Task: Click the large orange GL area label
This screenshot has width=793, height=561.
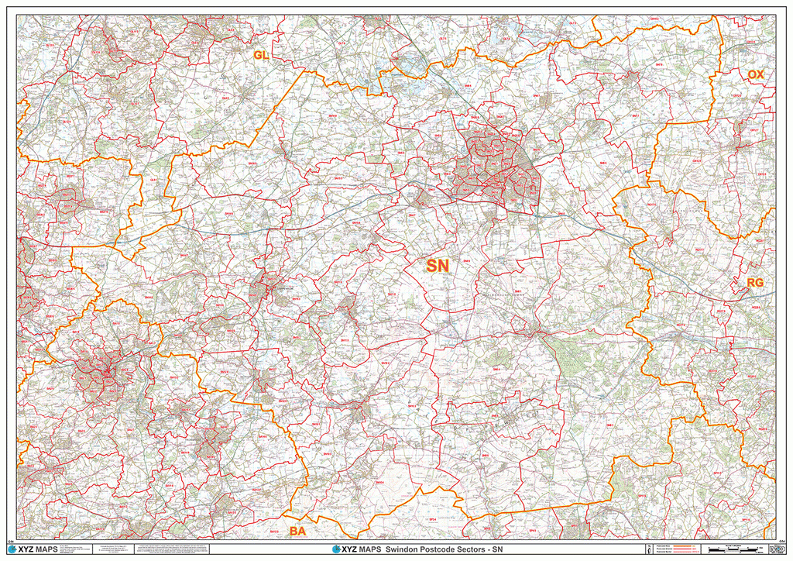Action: [x=261, y=54]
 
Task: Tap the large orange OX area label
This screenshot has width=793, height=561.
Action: [x=756, y=74]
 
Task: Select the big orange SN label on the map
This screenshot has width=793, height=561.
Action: [x=438, y=266]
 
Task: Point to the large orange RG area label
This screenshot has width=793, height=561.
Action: [x=756, y=283]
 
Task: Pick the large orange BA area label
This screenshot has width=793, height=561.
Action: [x=297, y=532]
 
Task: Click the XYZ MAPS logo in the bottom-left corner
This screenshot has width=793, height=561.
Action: [x=36, y=549]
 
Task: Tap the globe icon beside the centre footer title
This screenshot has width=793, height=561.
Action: [x=336, y=549]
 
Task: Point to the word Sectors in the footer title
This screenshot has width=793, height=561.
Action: [x=486, y=549]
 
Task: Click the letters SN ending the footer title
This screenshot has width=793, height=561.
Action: [x=517, y=549]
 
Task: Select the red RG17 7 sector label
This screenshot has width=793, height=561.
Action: [x=699, y=250]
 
